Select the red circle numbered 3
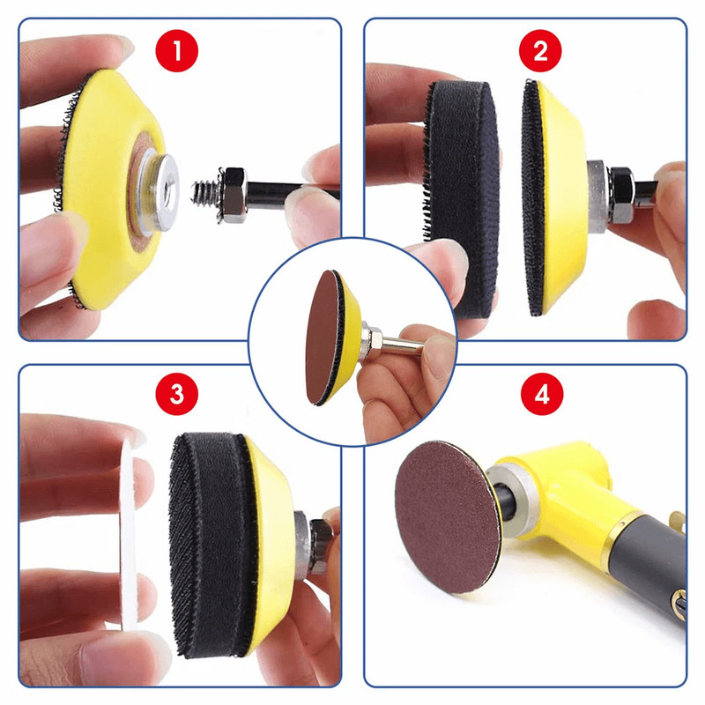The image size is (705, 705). (179, 393)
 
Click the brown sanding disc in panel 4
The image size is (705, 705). (441, 511)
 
